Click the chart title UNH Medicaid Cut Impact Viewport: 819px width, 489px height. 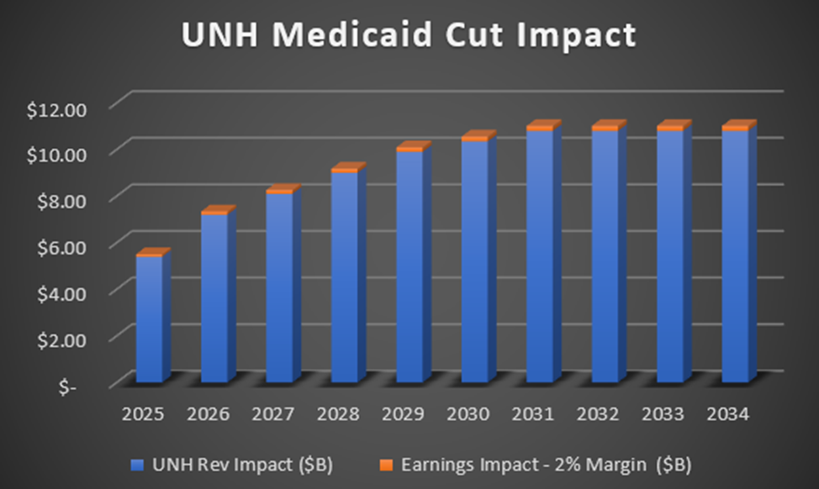(409, 37)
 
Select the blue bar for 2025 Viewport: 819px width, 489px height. (149, 319)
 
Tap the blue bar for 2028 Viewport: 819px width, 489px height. (344, 277)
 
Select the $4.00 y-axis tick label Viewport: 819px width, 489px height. (63, 293)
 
